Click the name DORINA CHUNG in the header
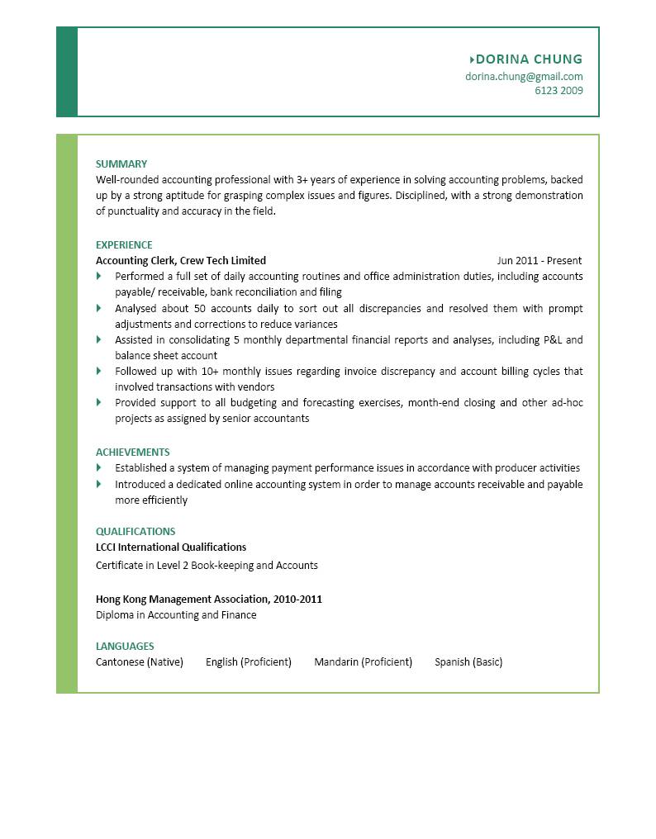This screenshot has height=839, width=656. [x=529, y=59]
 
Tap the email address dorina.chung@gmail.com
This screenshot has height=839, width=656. [x=524, y=76]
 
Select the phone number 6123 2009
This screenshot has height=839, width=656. [x=559, y=90]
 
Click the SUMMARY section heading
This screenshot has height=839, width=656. [x=121, y=164]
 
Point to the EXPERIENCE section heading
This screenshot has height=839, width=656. [x=124, y=244]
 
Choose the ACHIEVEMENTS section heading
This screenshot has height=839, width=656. [x=132, y=452]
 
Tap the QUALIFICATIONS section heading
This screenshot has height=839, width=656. [x=135, y=531]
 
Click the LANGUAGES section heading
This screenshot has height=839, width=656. [x=125, y=646]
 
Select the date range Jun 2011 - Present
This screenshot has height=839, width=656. [x=540, y=260]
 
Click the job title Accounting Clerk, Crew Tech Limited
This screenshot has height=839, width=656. [x=181, y=260]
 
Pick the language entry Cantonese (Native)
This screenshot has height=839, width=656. [x=140, y=661]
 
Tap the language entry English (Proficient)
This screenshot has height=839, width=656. [x=249, y=661]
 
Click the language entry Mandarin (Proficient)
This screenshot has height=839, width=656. [x=363, y=661]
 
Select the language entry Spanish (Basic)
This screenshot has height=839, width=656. [x=468, y=661]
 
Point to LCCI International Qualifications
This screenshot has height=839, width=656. [x=171, y=547]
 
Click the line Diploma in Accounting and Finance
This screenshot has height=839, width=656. [x=176, y=614]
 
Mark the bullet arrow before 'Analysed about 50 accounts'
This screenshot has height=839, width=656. [x=99, y=308]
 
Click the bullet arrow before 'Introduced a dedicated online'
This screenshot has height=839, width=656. [x=99, y=484]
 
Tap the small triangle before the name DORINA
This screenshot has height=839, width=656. [x=472, y=59]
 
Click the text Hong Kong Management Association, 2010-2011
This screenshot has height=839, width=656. [x=209, y=599]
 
